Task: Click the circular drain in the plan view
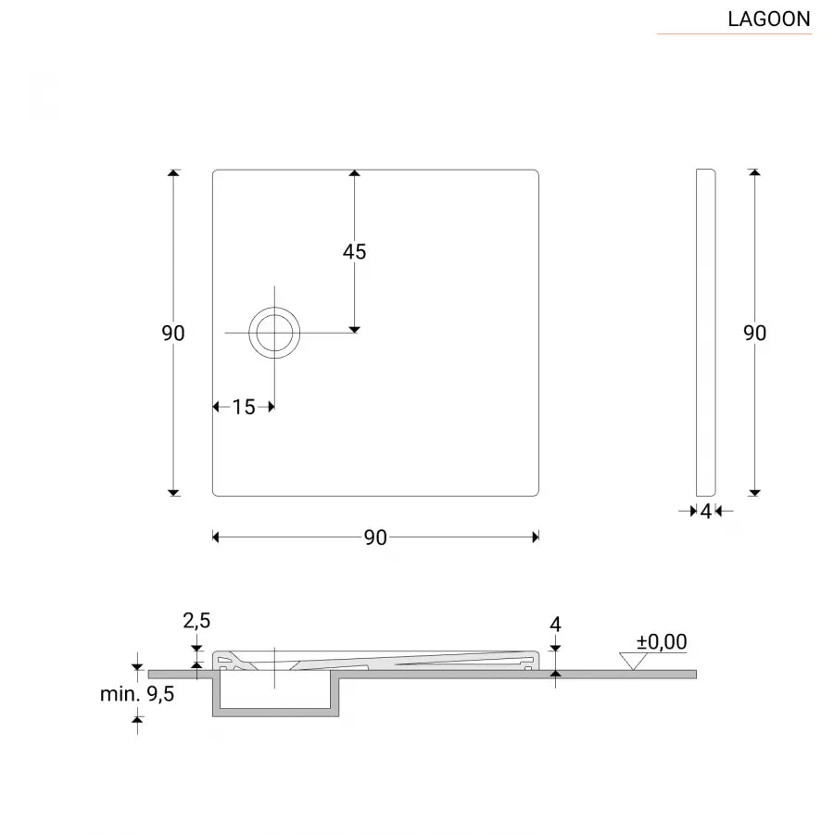[274, 332]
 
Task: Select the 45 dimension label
[354, 252]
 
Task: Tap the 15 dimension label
[243, 407]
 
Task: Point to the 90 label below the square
[374, 537]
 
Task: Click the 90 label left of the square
[173, 334]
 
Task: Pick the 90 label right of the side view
[755, 334]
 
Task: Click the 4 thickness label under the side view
[705, 511]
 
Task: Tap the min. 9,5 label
[138, 693]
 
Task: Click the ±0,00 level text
[662, 641]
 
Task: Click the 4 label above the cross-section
[555, 625]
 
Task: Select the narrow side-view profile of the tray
[705, 332]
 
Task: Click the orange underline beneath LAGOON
[734, 34]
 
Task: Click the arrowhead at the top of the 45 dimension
[354, 173]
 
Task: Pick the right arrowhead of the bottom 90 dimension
[535, 537]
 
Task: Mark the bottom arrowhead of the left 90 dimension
[173, 491]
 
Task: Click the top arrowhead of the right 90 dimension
[755, 173]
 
